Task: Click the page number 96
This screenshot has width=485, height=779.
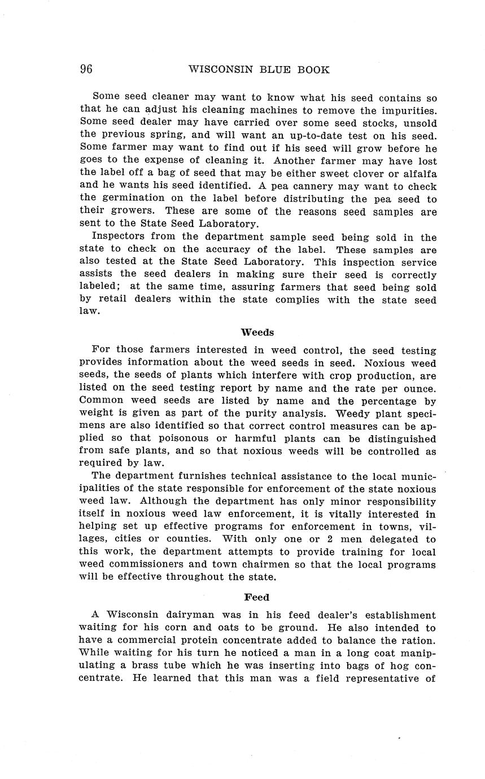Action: [x=86, y=69]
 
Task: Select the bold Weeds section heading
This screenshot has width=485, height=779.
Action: [x=257, y=332]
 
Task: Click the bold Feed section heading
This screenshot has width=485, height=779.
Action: [x=257, y=597]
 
